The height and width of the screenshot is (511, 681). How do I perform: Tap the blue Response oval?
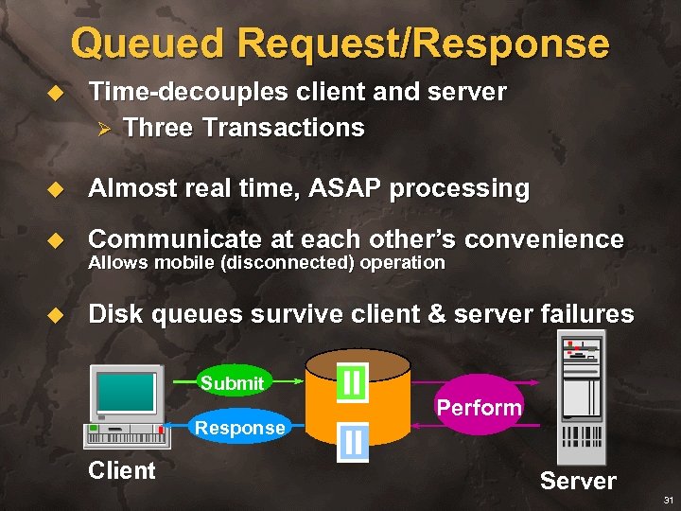(x=239, y=427)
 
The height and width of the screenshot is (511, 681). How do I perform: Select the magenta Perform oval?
(x=479, y=407)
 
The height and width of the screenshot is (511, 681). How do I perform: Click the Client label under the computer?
(x=121, y=470)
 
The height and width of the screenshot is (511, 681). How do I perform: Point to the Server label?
(x=578, y=481)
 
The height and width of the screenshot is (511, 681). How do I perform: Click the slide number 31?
(x=668, y=499)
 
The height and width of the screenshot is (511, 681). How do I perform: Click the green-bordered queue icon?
(x=352, y=382)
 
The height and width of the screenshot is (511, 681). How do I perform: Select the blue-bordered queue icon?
(x=353, y=441)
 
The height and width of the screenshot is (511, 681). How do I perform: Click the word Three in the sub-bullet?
(x=158, y=128)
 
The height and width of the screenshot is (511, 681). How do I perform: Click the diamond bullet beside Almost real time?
(x=54, y=189)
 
